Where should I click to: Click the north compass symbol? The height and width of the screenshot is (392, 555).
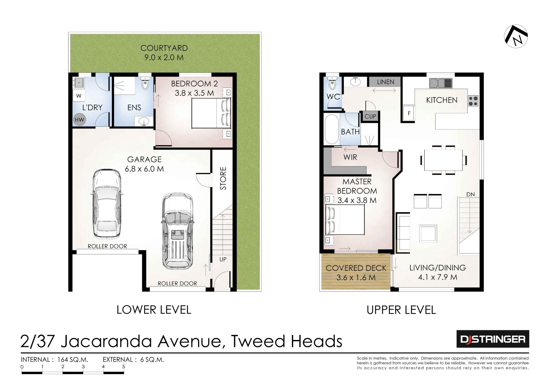(x=516, y=36)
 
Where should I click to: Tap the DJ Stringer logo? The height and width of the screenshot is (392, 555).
(x=493, y=339)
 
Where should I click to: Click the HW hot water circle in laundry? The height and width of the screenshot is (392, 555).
(x=79, y=120)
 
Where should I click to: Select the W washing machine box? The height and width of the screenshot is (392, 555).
(x=79, y=96)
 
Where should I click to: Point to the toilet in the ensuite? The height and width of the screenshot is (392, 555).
(x=145, y=84)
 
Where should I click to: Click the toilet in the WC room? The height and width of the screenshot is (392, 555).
(x=332, y=84)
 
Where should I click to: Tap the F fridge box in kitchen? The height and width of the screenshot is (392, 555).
(x=409, y=113)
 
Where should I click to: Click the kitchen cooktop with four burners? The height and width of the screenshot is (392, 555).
(x=473, y=101)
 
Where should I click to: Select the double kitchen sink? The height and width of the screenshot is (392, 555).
(x=441, y=83)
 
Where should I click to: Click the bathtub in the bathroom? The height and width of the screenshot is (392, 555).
(x=332, y=129)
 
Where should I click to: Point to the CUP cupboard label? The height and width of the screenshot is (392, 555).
(x=370, y=117)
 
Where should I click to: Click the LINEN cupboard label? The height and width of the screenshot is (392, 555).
(x=385, y=82)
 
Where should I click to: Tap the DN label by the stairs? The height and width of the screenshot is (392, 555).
(x=471, y=194)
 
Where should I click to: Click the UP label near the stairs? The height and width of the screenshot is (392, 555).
(x=223, y=259)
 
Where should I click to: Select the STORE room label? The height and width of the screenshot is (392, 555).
(x=223, y=178)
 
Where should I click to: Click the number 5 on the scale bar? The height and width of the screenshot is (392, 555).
(x=123, y=367)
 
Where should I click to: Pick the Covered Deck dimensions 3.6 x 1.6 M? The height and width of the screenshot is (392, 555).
(x=356, y=278)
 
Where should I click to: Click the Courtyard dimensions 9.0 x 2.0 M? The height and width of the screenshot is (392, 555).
(x=164, y=57)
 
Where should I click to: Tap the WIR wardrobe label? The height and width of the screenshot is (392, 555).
(x=350, y=157)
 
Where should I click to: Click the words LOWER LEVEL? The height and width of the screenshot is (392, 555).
(x=154, y=310)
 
